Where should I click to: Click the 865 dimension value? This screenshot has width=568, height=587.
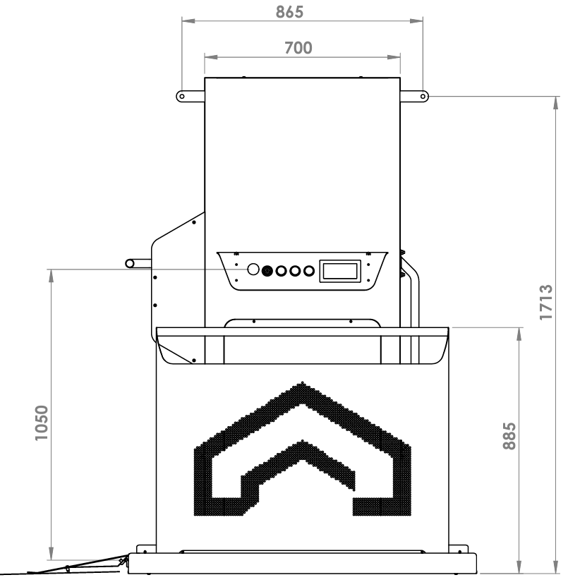[289, 12]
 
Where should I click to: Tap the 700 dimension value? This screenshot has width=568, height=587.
[298, 48]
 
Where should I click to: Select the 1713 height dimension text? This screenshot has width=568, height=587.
[546, 302]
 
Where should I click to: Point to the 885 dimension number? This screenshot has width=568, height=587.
[509, 436]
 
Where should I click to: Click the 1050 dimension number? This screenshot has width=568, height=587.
[42, 423]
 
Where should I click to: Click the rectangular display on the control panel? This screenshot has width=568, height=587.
[340, 271]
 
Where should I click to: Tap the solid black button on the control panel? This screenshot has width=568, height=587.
[267, 271]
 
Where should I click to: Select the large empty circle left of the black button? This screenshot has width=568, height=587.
[253, 270]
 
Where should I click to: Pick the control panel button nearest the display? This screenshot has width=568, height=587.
[309, 271]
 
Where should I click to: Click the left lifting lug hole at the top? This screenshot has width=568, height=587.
[182, 96]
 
